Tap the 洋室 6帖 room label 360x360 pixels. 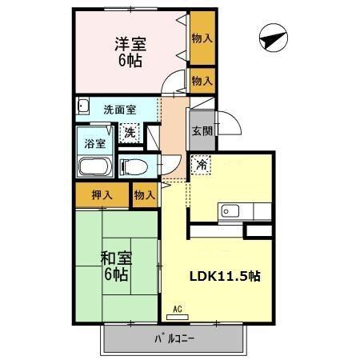[129, 51]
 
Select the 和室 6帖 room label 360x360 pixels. [115, 265]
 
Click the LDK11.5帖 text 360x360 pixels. [224, 274]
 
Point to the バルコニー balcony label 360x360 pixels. [174, 337]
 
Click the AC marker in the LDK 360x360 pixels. [178, 307]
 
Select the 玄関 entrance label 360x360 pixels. [201, 132]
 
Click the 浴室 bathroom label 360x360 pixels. [95, 146]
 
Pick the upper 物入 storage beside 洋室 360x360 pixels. [202, 38]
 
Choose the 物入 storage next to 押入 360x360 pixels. [144, 194]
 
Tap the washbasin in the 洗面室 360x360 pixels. [82, 105]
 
